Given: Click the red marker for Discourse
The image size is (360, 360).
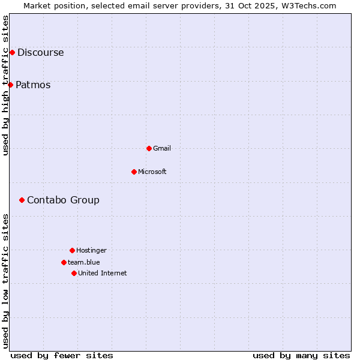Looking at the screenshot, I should (12, 52).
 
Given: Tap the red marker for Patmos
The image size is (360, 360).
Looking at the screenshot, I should (10, 85).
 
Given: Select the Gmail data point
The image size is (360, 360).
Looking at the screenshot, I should (149, 148).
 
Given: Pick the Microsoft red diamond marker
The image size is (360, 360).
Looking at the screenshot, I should (134, 172).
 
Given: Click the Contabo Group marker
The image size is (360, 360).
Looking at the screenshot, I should (22, 200).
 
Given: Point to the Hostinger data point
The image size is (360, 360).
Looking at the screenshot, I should (72, 250).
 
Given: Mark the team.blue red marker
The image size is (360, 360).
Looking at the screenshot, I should (64, 262).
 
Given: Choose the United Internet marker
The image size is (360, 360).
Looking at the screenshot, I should (74, 273).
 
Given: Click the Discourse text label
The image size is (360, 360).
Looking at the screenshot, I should (40, 52).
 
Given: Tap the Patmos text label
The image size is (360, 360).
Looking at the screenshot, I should (33, 85).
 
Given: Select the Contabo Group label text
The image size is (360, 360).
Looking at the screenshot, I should (63, 200).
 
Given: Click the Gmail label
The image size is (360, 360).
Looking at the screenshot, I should (162, 148).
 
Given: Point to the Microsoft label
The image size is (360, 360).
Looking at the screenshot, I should (152, 172).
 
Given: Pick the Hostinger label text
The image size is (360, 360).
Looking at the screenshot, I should (91, 250).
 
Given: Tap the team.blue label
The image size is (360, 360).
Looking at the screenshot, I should (84, 262).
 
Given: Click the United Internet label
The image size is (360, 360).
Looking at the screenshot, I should (103, 273).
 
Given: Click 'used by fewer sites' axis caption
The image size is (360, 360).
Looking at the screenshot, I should (62, 355).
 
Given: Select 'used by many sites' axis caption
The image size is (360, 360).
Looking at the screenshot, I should (301, 355).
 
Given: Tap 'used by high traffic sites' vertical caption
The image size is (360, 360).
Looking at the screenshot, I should (6, 85).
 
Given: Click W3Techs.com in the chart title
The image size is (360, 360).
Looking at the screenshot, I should (308, 5).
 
